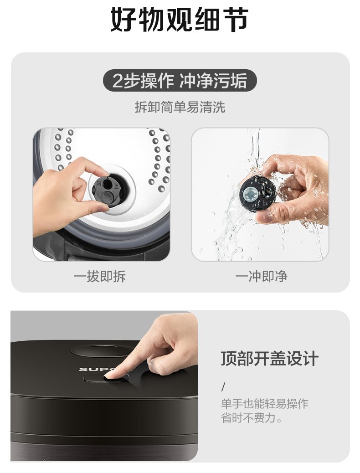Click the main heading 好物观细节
[x=179, y=20]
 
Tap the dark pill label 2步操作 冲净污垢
[x=180, y=81]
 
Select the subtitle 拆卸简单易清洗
[x=180, y=107]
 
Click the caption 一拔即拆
[x=100, y=276]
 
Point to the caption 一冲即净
[x=261, y=276]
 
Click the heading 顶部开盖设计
[x=270, y=359]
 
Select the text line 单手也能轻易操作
[x=265, y=404]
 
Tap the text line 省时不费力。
[x=252, y=418]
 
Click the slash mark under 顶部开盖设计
[x=223, y=387]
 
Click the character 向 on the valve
[x=99, y=183]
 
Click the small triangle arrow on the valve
[x=108, y=179]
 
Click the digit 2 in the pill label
[x=117, y=81]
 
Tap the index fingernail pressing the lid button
[x=112, y=375]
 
